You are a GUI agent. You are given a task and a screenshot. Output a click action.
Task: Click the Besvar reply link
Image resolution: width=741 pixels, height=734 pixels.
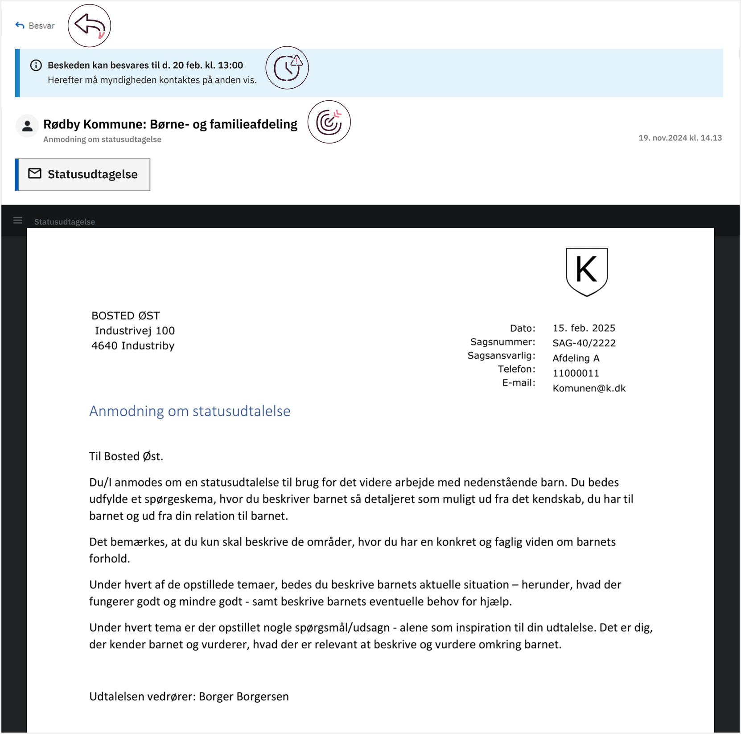[x=35, y=26]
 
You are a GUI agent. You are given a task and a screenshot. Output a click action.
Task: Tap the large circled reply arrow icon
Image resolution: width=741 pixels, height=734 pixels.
[x=89, y=26]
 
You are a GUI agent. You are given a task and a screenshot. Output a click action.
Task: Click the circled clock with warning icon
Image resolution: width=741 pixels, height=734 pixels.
[x=287, y=68]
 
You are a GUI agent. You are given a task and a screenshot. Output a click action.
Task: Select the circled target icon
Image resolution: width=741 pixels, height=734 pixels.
[x=329, y=122]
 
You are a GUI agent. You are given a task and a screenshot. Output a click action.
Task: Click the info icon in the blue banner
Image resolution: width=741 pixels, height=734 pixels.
[x=36, y=66]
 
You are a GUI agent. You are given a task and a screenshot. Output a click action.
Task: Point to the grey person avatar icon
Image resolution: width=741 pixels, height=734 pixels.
[x=27, y=126]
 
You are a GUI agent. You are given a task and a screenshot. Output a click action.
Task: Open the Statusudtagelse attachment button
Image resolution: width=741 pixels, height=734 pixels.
[x=83, y=175]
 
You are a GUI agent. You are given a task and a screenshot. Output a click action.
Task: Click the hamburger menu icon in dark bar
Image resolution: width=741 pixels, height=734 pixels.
[x=18, y=221]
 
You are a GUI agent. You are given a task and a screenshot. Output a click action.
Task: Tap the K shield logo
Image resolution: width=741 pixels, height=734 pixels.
[x=587, y=271]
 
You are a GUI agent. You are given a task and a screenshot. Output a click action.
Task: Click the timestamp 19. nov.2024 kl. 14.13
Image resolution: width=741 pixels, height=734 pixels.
[x=680, y=138]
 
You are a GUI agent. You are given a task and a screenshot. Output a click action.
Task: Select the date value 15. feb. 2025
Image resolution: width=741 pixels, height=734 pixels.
[x=584, y=328]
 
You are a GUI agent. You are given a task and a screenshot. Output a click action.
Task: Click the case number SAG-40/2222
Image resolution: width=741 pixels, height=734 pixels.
[x=584, y=343]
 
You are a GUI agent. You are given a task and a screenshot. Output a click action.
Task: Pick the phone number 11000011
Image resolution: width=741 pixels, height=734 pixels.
[x=576, y=373]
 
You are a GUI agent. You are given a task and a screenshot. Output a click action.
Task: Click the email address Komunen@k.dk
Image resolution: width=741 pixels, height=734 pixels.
[x=589, y=389]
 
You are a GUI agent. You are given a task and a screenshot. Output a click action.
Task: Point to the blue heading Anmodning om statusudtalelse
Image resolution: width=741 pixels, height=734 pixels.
[x=189, y=411]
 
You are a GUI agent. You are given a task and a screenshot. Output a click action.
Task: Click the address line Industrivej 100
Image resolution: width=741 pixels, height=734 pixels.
[x=135, y=331]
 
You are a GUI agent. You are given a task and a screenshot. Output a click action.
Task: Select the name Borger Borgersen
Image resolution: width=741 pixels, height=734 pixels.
[x=243, y=697]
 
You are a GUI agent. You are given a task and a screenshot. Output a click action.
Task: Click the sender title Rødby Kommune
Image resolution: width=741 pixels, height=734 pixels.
[x=170, y=124]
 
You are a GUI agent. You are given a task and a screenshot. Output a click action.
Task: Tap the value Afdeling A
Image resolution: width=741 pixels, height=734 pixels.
[x=576, y=358]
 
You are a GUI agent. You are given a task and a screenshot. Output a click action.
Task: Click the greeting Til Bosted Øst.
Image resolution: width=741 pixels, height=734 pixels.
[x=126, y=456]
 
